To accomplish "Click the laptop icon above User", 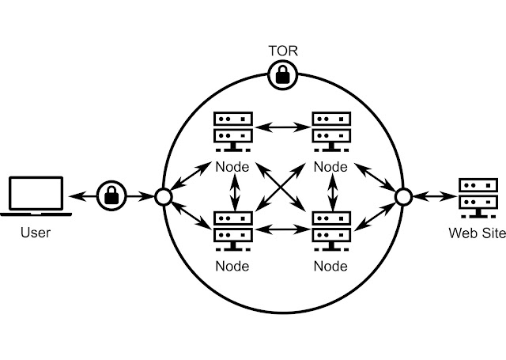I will pyautogui.click(x=36, y=197).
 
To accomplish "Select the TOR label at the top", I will pyautogui.click(x=282, y=51).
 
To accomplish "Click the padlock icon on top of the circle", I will pyautogui.click(x=282, y=76).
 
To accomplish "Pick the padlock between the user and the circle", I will pyautogui.click(x=112, y=195).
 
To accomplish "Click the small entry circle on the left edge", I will pyautogui.click(x=164, y=195).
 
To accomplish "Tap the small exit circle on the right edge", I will pyautogui.click(x=401, y=195).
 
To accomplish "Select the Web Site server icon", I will pyautogui.click(x=476, y=198).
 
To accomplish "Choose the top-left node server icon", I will pyautogui.click(x=233, y=133).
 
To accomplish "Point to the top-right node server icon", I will pyautogui.click(x=330, y=133).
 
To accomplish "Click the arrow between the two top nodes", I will pyautogui.click(x=282, y=127).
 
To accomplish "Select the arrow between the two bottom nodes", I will pyautogui.click(x=282, y=229).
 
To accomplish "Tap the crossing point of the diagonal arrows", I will pyautogui.click(x=282, y=188).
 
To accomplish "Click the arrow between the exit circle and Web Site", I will pyautogui.click(x=431, y=195).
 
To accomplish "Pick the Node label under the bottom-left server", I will pyautogui.click(x=233, y=266).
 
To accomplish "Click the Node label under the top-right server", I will pyautogui.click(x=330, y=167).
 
